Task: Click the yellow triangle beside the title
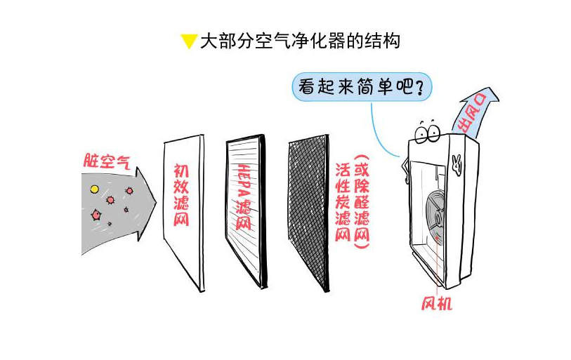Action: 188,41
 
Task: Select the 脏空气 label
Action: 106,161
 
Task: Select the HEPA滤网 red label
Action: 243,197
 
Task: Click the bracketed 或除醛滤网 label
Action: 362,199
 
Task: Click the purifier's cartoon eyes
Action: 426,131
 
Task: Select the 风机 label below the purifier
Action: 436,304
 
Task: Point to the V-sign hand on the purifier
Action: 457,163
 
